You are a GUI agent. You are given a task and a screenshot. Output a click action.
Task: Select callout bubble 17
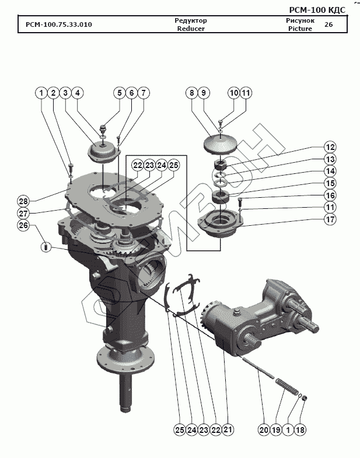click(x=330, y=220)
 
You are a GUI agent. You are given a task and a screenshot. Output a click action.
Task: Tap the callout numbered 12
click(x=330, y=147)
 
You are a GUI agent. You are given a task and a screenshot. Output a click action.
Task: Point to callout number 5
click(x=119, y=93)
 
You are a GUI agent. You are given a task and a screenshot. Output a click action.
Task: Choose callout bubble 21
click(x=228, y=431)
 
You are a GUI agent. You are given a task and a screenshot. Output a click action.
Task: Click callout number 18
click(x=301, y=431)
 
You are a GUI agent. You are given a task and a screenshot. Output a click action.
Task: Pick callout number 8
click(x=191, y=93)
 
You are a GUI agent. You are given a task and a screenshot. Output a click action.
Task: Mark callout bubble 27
click(x=23, y=213)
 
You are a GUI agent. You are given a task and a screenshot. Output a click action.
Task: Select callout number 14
click(x=330, y=172)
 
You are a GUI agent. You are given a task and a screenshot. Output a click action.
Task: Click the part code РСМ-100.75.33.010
click(x=58, y=25)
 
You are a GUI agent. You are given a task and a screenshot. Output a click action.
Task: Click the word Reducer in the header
click(x=191, y=29)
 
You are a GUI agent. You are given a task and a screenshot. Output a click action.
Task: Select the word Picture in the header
click(x=300, y=29)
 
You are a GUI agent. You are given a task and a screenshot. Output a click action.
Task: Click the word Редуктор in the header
click(x=191, y=20)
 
